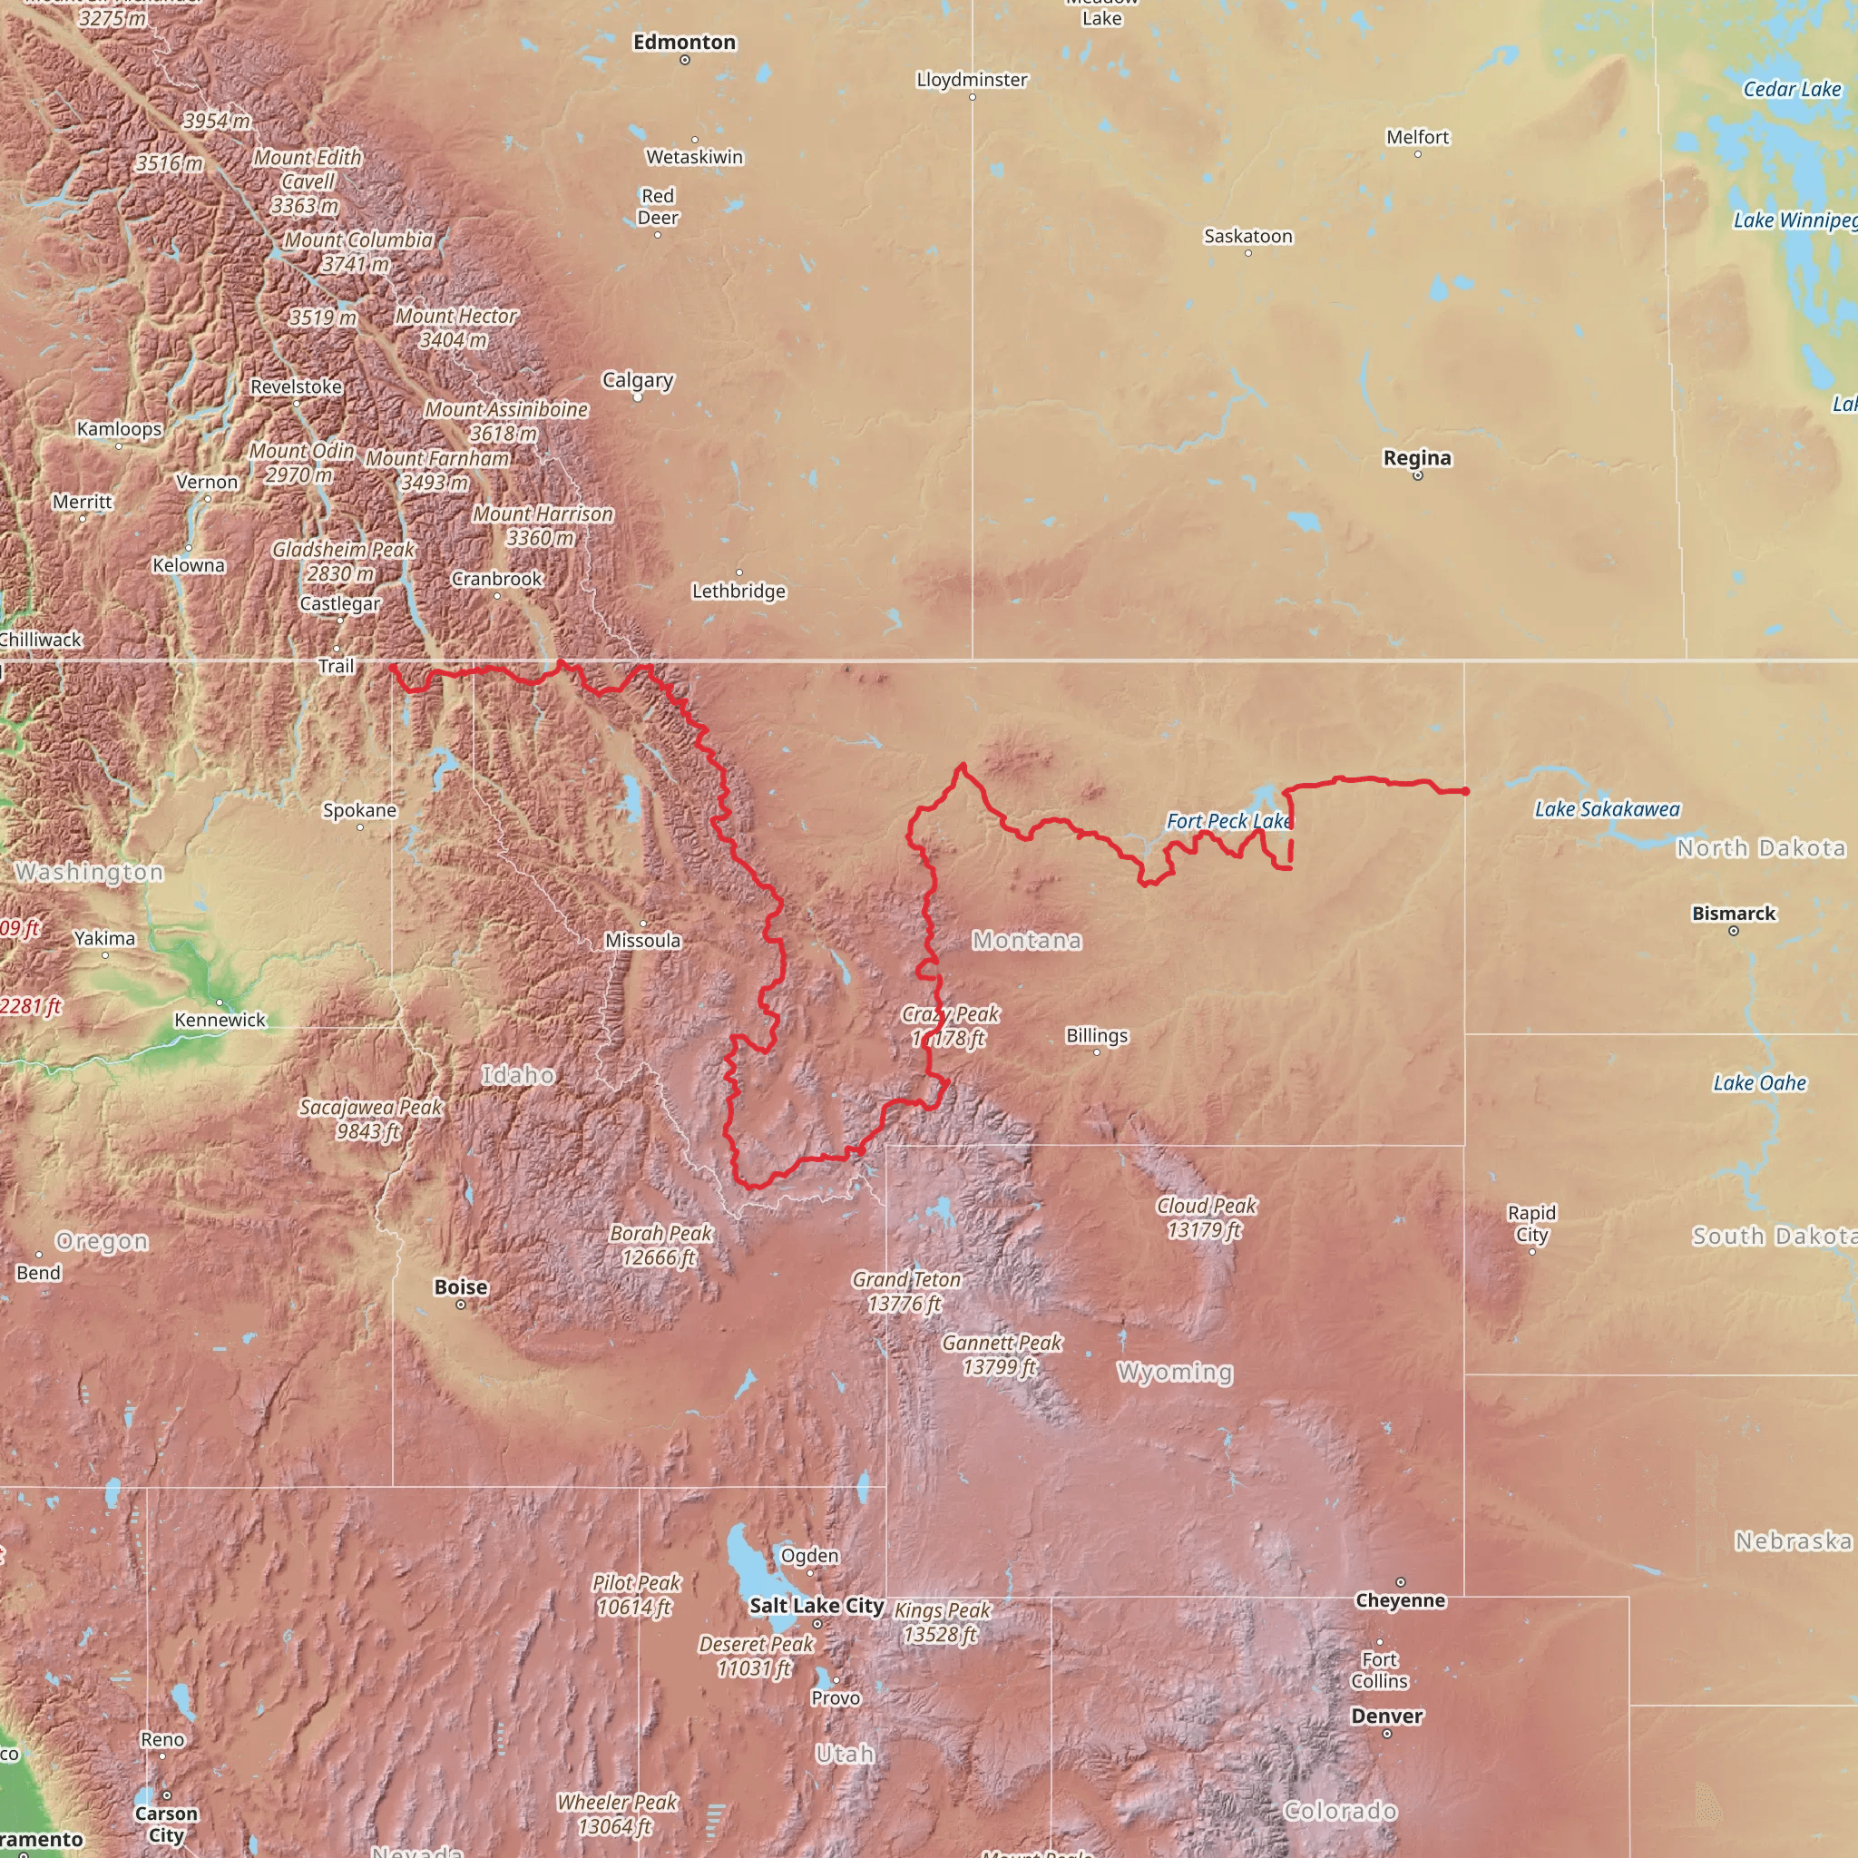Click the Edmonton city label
[684, 43]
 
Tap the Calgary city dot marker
[637, 397]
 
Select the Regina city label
[1416, 458]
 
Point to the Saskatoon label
[1247, 237]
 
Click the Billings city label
[1096, 1036]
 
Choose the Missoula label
[642, 941]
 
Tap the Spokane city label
[359, 810]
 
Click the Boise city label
[461, 1286]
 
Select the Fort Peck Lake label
[1227, 821]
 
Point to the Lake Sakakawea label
[1606, 808]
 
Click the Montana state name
[1026, 941]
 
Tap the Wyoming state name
[1174, 1373]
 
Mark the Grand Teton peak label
[906, 1292]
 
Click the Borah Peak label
[660, 1246]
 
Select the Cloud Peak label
[1206, 1217]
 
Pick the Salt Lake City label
[817, 1605]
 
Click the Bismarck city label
[1733, 914]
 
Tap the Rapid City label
[1531, 1223]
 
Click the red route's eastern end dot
[1466, 791]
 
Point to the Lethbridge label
[738, 592]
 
